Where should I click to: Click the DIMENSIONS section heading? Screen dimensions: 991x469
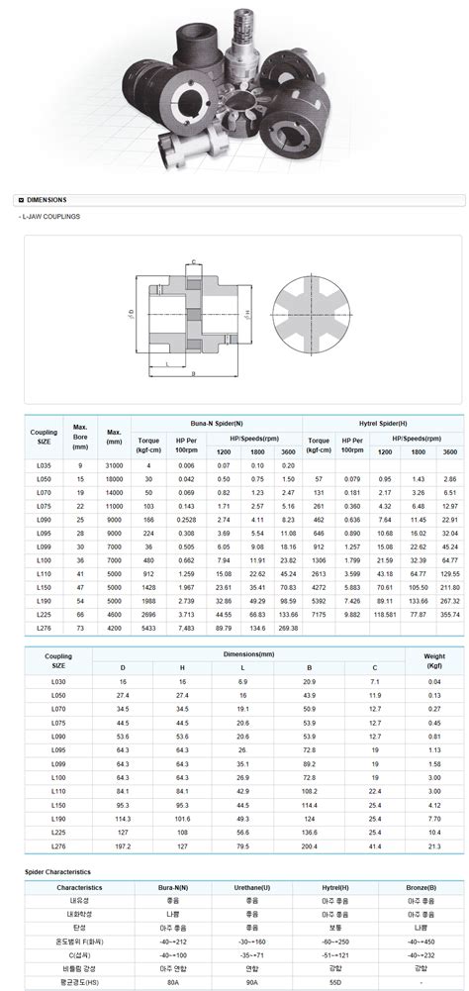click(47, 199)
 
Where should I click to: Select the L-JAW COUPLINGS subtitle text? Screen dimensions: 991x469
click(49, 216)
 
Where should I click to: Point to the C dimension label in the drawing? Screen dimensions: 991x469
click(194, 261)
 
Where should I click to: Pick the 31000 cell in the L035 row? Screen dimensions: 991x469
click(114, 464)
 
